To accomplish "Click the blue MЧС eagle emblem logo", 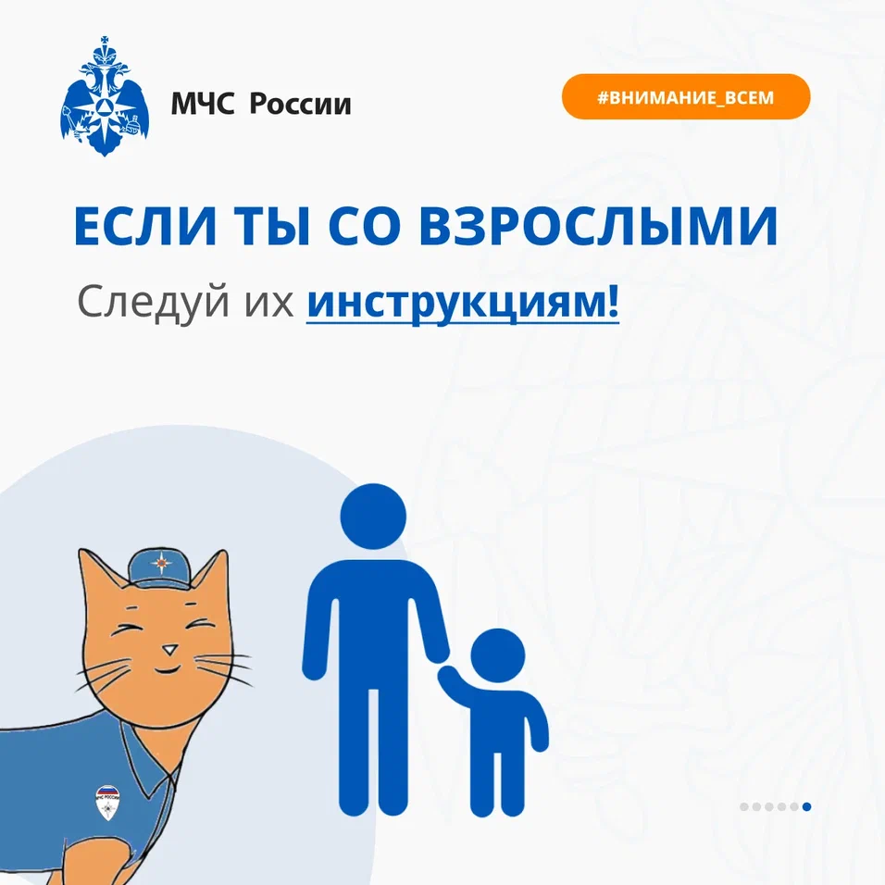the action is [105, 96].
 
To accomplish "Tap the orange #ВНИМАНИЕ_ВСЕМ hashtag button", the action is [686, 96].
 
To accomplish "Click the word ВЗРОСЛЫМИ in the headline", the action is [599, 226].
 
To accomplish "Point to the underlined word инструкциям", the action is [463, 303].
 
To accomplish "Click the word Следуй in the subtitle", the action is [154, 303].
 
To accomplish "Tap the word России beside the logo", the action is [300, 104].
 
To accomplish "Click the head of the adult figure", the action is [373, 517].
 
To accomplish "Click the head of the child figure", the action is [498, 655].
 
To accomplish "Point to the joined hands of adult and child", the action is [443, 668].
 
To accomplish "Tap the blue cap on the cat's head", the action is [161, 569].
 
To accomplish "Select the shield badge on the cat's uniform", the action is [107, 803].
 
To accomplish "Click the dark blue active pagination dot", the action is [806, 806].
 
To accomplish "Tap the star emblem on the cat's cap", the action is [160, 563].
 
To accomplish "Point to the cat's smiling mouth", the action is [168, 670].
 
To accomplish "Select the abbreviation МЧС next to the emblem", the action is [202, 104].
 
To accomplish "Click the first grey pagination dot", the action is [744, 806].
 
